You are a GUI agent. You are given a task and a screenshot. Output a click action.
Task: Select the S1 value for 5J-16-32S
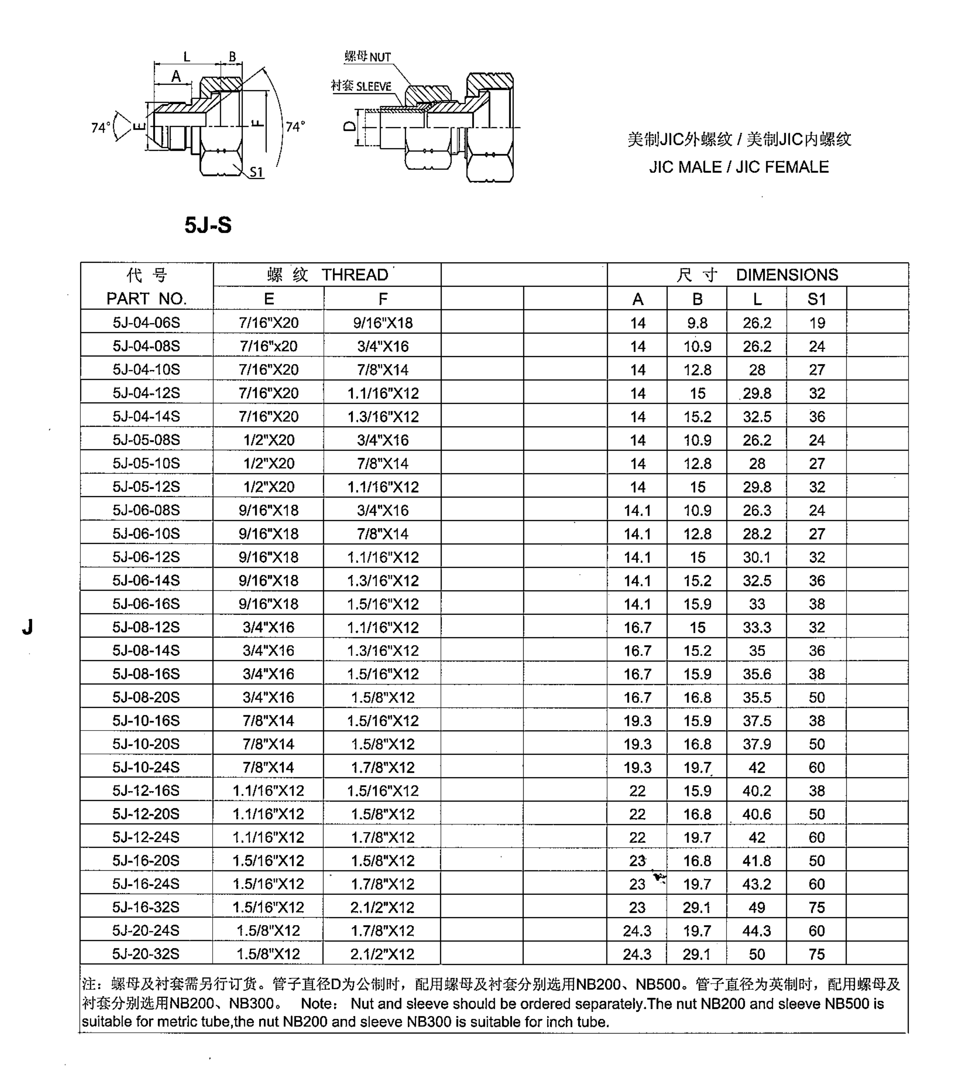(x=816, y=907)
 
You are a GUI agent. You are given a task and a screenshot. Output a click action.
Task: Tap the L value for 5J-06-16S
(x=757, y=604)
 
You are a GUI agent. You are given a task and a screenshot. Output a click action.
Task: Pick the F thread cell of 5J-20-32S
(x=382, y=953)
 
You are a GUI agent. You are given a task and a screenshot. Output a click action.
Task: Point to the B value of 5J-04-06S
(x=697, y=323)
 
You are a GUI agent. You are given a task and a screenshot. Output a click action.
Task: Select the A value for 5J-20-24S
(x=637, y=930)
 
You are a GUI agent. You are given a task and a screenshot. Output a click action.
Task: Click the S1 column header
(x=816, y=299)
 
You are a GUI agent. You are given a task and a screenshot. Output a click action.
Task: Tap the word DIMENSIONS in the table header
(x=787, y=274)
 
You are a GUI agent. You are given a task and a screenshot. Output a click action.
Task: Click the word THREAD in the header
(x=355, y=274)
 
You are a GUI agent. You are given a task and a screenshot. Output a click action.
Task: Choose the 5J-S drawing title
(x=208, y=225)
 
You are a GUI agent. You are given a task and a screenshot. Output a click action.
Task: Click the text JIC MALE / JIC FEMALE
(x=739, y=167)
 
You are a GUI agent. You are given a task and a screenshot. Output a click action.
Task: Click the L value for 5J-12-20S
(x=757, y=814)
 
